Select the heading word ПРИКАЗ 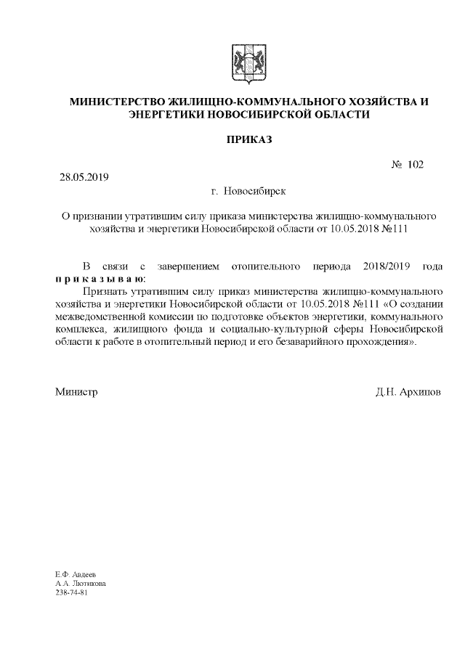click(248, 138)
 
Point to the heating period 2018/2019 click(385, 266)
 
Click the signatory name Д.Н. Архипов click(408, 392)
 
